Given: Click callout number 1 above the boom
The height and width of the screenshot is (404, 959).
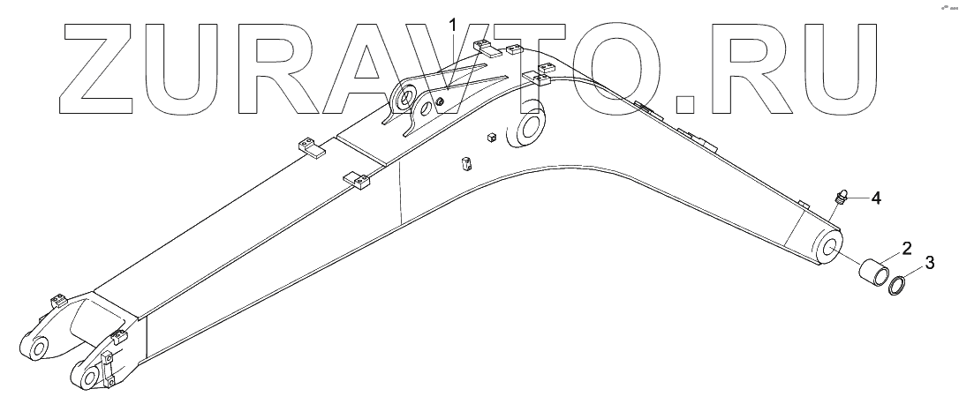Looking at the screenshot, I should pyautogui.click(x=455, y=25).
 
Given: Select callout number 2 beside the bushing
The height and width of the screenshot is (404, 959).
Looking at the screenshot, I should pyautogui.click(x=907, y=248).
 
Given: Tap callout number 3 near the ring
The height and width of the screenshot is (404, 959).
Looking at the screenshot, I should pyautogui.click(x=929, y=261).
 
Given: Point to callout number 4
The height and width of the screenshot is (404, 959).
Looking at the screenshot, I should pyautogui.click(x=875, y=198).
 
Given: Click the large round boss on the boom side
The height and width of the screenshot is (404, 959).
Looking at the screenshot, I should pyautogui.click(x=529, y=127).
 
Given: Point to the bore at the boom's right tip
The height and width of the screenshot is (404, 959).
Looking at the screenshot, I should pyautogui.click(x=831, y=248).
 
